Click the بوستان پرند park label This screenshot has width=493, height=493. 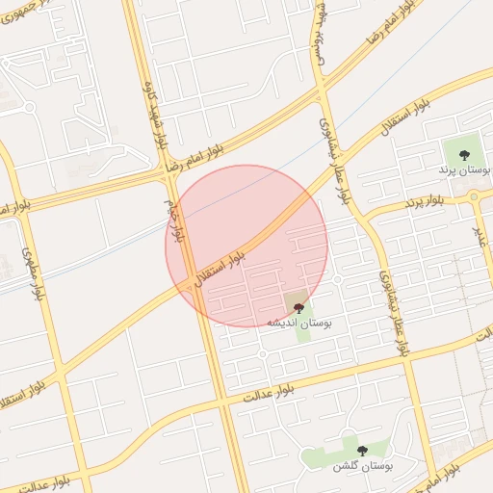(464, 169)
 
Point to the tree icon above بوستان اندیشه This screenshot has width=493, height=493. (298, 308)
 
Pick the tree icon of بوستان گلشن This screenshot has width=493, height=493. (362, 451)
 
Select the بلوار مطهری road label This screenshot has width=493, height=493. (34, 275)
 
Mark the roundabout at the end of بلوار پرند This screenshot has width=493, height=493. (474, 195)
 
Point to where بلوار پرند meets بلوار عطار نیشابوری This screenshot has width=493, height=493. (363, 214)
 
